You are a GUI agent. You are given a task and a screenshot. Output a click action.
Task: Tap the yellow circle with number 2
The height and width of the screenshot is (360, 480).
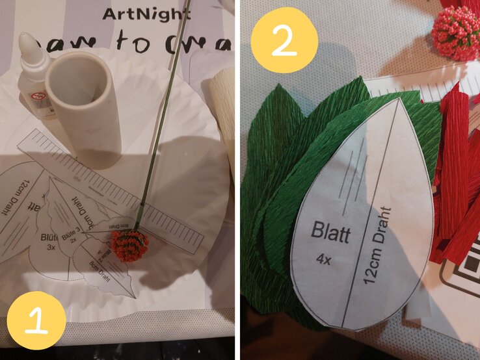click(284, 40)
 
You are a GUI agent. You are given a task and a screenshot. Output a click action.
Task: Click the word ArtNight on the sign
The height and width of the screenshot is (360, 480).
click(146, 13)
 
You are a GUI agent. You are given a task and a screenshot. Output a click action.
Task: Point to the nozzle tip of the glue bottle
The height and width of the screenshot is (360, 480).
click(25, 37)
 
